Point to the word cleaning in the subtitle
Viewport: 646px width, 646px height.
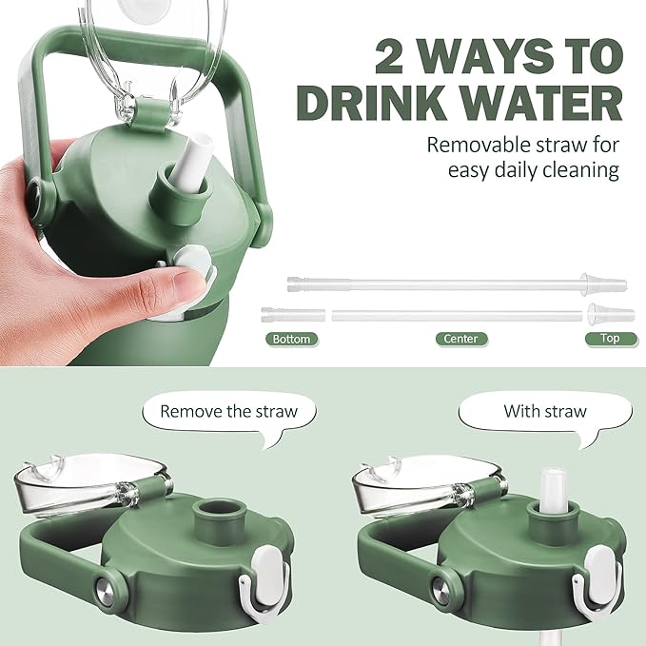point(580,170)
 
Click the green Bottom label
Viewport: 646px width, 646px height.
point(291,339)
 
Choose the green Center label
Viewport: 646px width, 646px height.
point(461,339)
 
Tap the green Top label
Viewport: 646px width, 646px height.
point(610,339)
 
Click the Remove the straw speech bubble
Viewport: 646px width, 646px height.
point(229,415)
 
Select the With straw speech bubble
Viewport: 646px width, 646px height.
point(544,415)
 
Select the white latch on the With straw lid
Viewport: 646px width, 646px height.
point(599,580)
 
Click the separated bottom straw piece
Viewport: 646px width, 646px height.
point(293,315)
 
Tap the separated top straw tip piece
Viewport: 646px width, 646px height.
point(611,314)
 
